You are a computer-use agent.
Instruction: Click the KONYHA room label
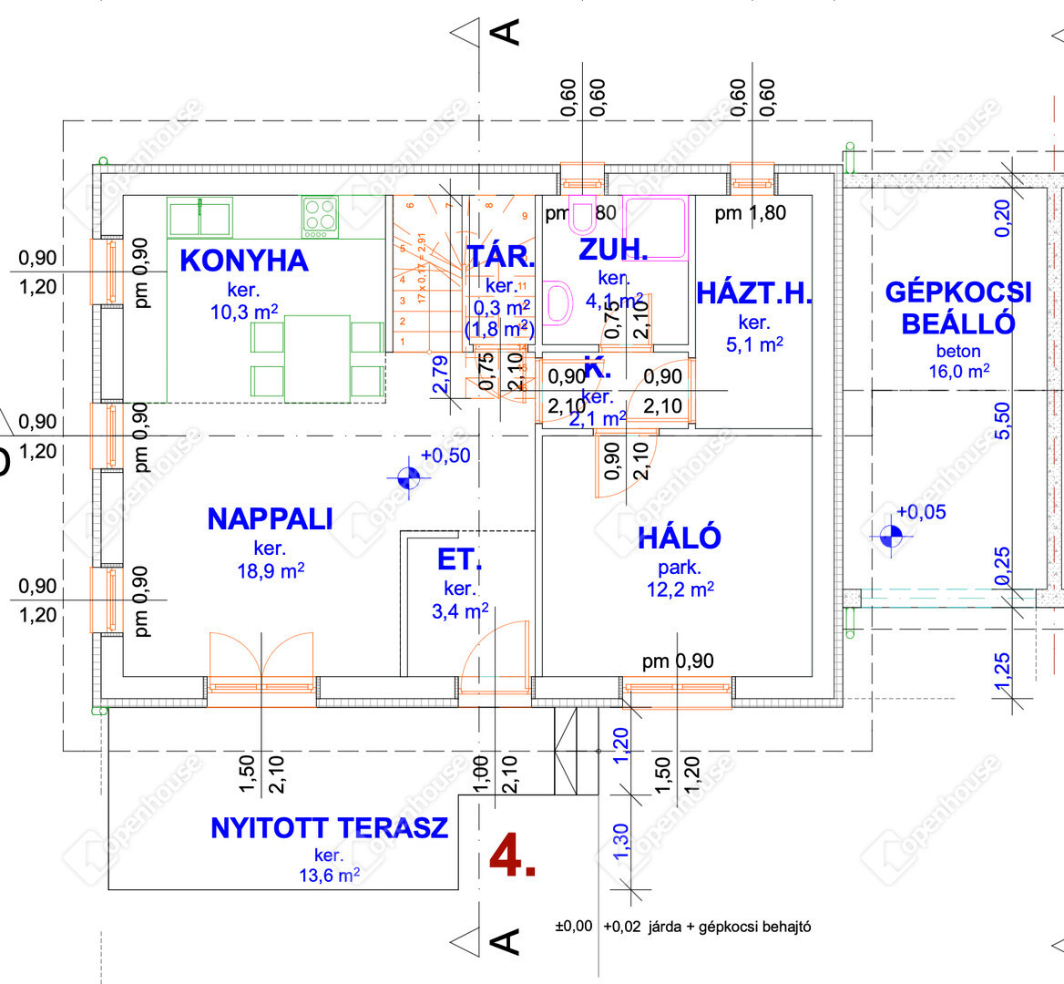(x=244, y=261)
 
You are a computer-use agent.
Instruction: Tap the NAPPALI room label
(x=270, y=519)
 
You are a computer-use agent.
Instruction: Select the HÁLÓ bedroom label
(x=680, y=538)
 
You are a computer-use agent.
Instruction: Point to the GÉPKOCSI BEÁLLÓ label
(x=958, y=308)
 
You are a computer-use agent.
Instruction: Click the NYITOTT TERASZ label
(x=329, y=828)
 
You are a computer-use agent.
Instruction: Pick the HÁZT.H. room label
(x=754, y=293)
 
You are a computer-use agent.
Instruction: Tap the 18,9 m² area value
(x=270, y=571)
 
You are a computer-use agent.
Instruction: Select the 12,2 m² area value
(x=680, y=589)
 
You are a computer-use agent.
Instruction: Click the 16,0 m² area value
(x=958, y=372)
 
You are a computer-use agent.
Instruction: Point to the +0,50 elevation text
(x=445, y=456)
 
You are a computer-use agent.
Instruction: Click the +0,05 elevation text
(x=921, y=512)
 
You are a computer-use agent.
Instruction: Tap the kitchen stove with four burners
(x=320, y=217)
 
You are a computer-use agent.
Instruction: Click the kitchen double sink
(x=199, y=217)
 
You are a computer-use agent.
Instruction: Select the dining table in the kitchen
(x=317, y=357)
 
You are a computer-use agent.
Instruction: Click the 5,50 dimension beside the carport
(x=1002, y=420)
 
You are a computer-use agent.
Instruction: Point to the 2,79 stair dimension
(x=440, y=374)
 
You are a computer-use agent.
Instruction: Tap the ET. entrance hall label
(x=460, y=559)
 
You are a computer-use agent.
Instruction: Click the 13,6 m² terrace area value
(x=329, y=876)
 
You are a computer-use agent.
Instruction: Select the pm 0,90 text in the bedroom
(x=678, y=661)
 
